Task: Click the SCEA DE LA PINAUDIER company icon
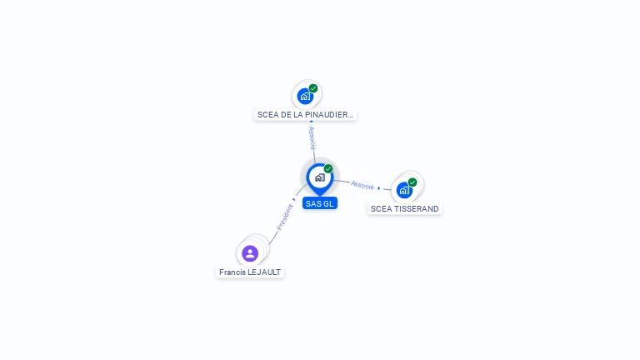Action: (x=305, y=96)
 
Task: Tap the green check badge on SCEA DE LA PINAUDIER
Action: (x=313, y=88)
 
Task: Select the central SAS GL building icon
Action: (x=319, y=177)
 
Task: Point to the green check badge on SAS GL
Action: (x=328, y=169)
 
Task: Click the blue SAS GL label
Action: (x=320, y=203)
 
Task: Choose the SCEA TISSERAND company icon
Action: (x=404, y=190)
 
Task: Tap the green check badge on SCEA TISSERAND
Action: (x=412, y=182)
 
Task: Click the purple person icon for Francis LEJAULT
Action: (x=250, y=253)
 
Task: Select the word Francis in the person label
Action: (x=232, y=272)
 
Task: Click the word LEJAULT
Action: (x=265, y=272)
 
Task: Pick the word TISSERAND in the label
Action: (x=417, y=209)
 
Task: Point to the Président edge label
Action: (x=284, y=217)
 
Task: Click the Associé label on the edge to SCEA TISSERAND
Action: (x=362, y=185)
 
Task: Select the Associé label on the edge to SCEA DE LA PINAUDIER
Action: (x=312, y=138)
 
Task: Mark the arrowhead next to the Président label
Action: (x=294, y=199)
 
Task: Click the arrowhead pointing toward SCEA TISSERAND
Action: (x=379, y=187)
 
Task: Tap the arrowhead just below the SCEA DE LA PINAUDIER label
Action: (x=312, y=122)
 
